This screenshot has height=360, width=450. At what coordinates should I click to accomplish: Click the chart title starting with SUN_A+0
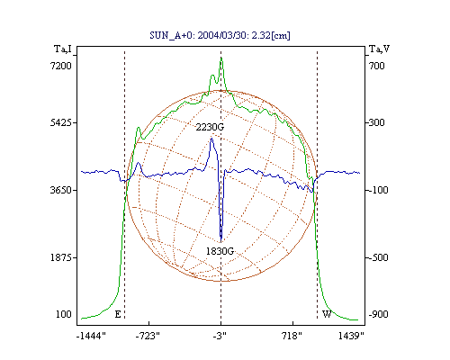point(220,35)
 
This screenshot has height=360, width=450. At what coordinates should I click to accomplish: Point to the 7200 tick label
point(61,66)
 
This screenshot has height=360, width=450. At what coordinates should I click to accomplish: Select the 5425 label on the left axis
point(61,122)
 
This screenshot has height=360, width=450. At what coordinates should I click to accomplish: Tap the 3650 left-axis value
point(61,190)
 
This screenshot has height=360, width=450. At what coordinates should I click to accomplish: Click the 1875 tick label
point(61,257)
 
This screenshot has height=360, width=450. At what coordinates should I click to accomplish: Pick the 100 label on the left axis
point(64,314)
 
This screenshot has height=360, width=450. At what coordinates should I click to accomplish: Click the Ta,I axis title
point(63,49)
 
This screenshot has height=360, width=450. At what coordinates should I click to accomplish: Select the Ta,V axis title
point(380,49)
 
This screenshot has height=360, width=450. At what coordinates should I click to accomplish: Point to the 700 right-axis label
point(377,66)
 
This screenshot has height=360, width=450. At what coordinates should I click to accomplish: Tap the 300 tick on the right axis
point(377,122)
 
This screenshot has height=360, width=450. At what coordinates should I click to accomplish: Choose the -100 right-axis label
point(378,190)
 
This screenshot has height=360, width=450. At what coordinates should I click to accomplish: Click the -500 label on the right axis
point(378,257)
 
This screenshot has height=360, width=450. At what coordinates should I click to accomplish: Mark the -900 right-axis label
point(378,314)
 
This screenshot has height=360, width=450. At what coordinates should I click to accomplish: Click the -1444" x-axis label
point(91,336)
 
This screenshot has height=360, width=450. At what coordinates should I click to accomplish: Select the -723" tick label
point(148,336)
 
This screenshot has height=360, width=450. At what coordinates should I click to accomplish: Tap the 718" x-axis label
point(292,336)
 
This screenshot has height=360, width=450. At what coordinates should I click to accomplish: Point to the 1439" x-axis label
point(351,336)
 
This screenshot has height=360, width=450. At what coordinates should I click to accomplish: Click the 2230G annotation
point(210,127)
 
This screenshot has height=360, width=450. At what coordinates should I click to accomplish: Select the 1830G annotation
point(220,251)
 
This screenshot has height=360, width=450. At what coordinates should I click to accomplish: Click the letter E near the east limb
point(118,314)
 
